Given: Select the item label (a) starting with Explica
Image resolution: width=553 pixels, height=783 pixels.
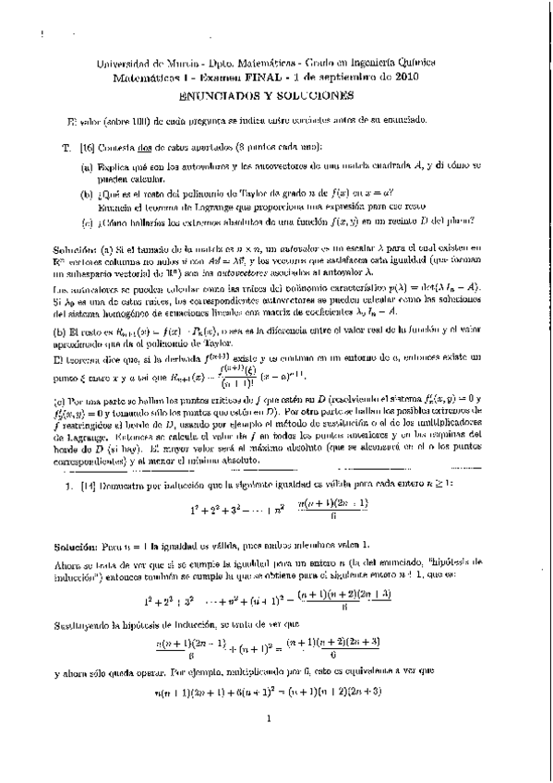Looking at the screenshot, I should click(x=87, y=166).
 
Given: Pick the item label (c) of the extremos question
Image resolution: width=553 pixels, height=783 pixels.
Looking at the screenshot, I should click(x=87, y=220).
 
